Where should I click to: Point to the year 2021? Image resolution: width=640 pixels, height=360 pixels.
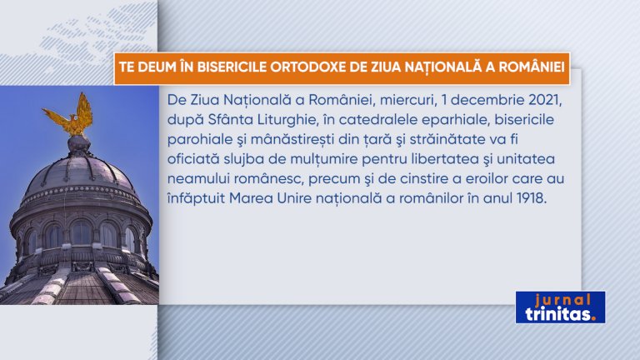(x=545, y=100)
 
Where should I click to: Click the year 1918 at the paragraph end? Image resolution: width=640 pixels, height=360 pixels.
(x=530, y=198)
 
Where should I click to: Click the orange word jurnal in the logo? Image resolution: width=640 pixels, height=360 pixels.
(x=562, y=301)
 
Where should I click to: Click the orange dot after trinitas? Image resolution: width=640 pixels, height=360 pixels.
(x=593, y=318)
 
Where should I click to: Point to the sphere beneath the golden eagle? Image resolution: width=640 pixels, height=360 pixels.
(x=79, y=143)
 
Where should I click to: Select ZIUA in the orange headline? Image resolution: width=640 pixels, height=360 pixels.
(x=387, y=67)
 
